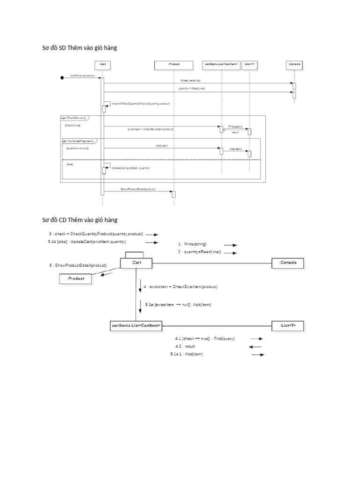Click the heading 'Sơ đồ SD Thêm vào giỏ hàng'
click(x=80, y=48)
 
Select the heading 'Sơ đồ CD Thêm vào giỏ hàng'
click(x=80, y=219)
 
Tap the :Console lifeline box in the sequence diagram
click(x=294, y=64)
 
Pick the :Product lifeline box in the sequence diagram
click(x=173, y=64)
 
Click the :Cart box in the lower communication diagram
click(x=136, y=263)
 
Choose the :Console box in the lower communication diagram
click(x=288, y=263)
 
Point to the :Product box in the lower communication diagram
click(x=75, y=278)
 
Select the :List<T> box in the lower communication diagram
click(x=288, y=325)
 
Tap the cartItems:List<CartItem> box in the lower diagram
click(x=136, y=325)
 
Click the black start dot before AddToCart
click(x=62, y=78)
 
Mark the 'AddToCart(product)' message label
click(x=82, y=75)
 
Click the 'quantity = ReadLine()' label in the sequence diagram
click(x=192, y=89)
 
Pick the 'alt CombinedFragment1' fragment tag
click(x=78, y=141)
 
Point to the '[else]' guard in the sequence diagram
click(x=69, y=164)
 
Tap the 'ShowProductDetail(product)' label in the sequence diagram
click(x=138, y=189)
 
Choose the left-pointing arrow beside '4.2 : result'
click(x=255, y=347)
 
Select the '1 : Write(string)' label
click(x=192, y=244)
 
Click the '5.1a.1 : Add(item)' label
click(x=187, y=354)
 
